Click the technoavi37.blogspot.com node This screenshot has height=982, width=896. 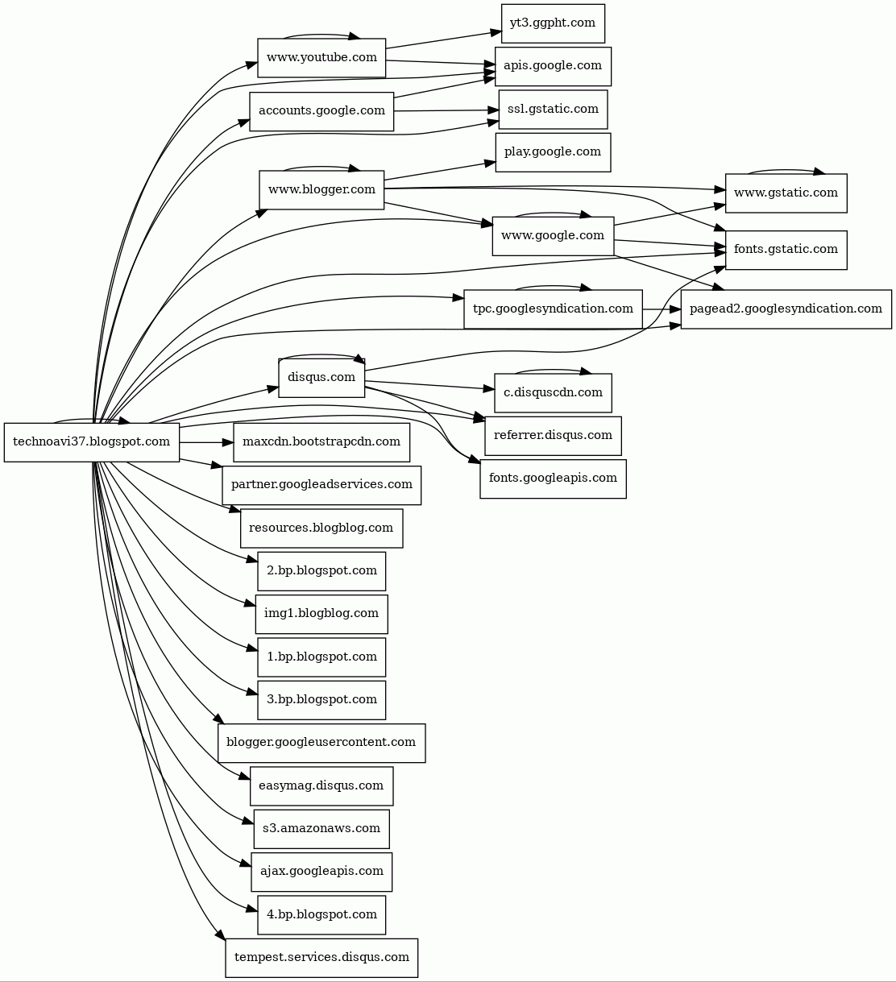[x=92, y=441]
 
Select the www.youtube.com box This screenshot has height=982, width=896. [x=321, y=57]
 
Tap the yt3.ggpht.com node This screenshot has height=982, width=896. [x=553, y=23]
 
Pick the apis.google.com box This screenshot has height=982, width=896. [x=553, y=65]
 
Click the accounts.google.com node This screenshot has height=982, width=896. [x=321, y=110]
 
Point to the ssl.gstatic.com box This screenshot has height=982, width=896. [x=553, y=109]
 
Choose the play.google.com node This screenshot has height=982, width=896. [x=553, y=151]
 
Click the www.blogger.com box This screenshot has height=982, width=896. [x=321, y=189]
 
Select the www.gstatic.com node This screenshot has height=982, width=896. [x=786, y=193]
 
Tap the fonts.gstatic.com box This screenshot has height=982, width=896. [x=786, y=249]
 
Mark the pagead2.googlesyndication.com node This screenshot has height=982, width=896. [x=786, y=309]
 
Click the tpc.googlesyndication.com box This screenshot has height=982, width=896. [x=553, y=309]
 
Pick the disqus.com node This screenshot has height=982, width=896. [x=321, y=377]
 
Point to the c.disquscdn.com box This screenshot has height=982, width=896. [x=553, y=392]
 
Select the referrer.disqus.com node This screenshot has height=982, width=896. [x=553, y=435]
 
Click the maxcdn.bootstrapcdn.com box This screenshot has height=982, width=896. [x=321, y=441]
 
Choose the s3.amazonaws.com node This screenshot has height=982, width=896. [x=321, y=828]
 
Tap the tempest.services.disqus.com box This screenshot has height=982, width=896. [x=321, y=957]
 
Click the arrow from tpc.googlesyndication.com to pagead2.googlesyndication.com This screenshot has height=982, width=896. [x=662, y=309]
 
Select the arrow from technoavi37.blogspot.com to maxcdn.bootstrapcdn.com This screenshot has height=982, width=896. [x=206, y=442]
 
